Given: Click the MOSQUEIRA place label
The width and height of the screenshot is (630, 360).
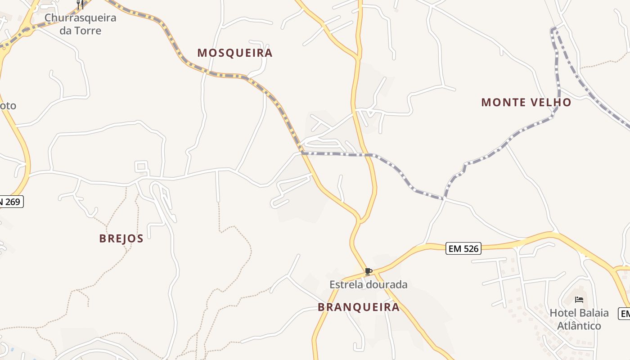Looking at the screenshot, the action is [x=235, y=53].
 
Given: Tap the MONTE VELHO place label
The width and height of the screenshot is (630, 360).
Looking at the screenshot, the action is [x=526, y=103].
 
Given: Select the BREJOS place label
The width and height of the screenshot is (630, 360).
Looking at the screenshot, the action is [x=121, y=238].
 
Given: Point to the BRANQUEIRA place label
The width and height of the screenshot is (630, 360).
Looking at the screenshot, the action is [x=359, y=307].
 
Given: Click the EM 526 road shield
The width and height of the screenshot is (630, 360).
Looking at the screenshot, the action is [x=463, y=248].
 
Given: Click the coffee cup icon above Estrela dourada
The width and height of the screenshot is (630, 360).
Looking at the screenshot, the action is [x=368, y=271].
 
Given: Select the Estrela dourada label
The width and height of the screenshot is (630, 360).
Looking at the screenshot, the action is [x=368, y=284].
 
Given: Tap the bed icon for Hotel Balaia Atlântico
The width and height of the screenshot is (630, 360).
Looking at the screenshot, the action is [x=579, y=299].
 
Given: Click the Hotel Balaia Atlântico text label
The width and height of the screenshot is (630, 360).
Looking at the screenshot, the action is [x=579, y=319].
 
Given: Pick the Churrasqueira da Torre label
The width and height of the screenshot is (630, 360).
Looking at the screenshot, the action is [x=81, y=24].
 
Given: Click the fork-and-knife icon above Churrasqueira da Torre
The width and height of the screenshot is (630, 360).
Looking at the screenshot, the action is [x=81, y=4].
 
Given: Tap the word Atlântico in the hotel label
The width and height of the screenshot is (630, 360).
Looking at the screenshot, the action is [x=579, y=325].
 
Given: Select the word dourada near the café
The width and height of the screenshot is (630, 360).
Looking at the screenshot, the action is [x=387, y=284].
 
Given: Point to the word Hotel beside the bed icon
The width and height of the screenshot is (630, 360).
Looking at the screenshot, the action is [x=562, y=313].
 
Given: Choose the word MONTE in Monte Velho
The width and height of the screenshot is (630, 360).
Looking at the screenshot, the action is [x=501, y=103].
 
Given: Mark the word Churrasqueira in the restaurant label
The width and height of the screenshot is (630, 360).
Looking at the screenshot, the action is [x=81, y=18].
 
